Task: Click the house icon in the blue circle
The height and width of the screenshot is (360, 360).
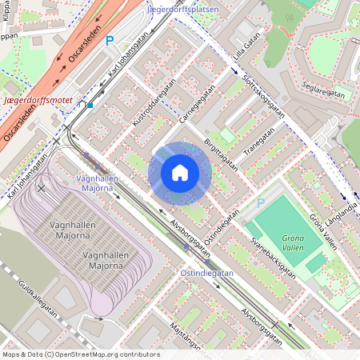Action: (180, 173)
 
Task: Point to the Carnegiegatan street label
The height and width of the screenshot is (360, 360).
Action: (198, 106)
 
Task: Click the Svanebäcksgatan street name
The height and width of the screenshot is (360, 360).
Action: (273, 257)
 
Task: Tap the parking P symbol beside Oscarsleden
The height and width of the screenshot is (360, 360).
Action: (110, 39)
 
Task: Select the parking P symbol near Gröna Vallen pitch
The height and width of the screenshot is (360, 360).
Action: (260, 203)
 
